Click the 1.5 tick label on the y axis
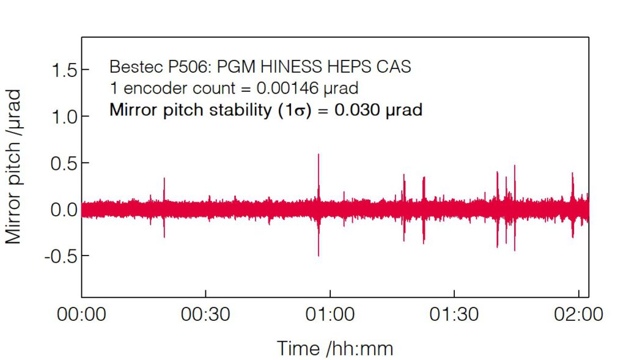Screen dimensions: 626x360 tap(64, 71)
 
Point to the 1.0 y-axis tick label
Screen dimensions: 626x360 tap(64, 117)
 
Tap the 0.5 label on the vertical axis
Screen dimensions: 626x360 tap(64, 163)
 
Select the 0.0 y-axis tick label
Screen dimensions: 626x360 tap(64, 210)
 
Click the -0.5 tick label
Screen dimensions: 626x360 tap(61, 256)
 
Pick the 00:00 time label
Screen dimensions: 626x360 tap(81, 314)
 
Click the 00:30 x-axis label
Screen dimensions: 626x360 tap(205, 314)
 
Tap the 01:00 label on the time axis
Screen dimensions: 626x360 tap(330, 314)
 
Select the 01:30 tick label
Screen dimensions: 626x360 tap(454, 314)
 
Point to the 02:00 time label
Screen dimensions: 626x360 tap(578, 314)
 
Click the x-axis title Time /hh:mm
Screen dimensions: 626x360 tap(335, 348)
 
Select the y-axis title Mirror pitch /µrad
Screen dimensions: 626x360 tap(13, 166)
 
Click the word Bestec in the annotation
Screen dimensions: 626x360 tap(136, 67)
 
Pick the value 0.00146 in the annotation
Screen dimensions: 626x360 tap(287, 88)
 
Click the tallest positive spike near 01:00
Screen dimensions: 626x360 tap(319, 154)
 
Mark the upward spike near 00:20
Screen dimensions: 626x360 tap(164, 178)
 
